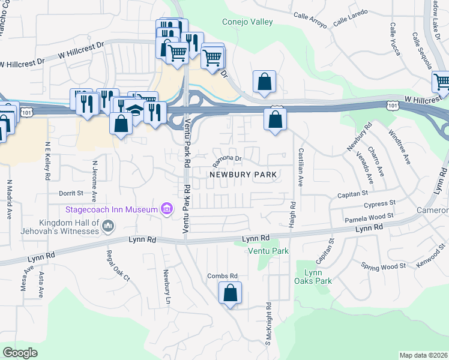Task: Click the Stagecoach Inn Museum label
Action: [x=112, y=209]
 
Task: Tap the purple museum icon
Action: [x=166, y=209]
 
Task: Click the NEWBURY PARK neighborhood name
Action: [x=243, y=175]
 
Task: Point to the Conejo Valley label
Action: [x=247, y=22]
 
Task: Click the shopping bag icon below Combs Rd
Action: [x=230, y=293]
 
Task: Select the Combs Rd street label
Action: [x=219, y=275]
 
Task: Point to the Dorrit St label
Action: [x=70, y=193]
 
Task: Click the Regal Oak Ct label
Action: [x=118, y=265]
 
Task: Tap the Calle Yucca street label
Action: [x=395, y=39]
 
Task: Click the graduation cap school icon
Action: [x=136, y=111]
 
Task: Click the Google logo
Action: [x=20, y=353]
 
